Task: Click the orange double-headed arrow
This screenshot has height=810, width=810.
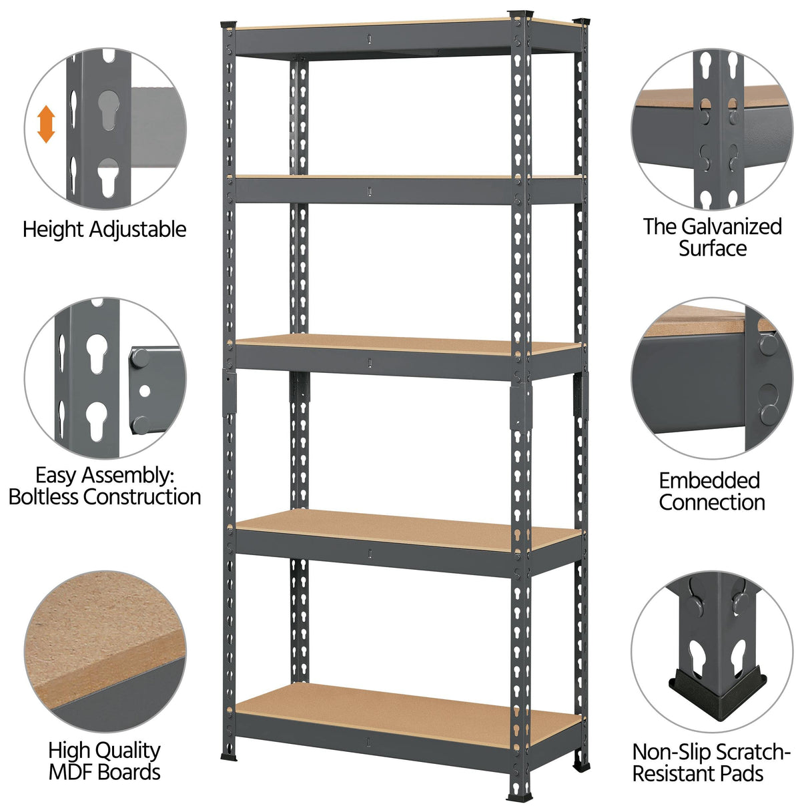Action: coord(46,124)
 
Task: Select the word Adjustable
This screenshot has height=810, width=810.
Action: coord(137,230)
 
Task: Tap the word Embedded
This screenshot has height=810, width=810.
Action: coord(709,480)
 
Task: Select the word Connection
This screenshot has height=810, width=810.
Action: coord(711,502)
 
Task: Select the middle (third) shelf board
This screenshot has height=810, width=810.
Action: coord(407,346)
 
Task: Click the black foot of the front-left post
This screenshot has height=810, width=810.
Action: coord(228,757)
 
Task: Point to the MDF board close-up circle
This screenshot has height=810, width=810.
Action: coord(105,651)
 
